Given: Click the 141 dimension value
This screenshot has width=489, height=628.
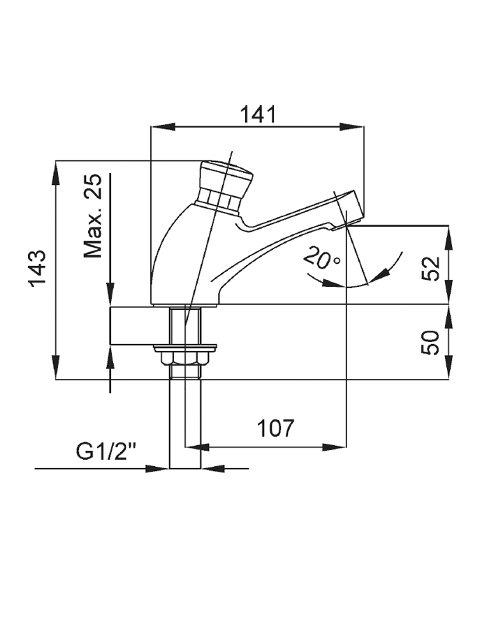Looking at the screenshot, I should click(x=258, y=114).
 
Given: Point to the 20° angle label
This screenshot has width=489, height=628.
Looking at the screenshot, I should click(x=321, y=259).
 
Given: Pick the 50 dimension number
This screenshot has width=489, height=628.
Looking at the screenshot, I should click(x=434, y=343).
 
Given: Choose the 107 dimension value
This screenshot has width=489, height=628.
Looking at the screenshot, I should click(x=275, y=428).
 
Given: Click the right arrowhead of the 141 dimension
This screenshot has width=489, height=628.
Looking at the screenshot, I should click(x=356, y=127).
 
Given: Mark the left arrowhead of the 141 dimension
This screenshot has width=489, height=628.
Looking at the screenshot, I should click(x=161, y=127).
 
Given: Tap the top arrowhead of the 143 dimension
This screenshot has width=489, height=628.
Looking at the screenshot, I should click(x=56, y=172).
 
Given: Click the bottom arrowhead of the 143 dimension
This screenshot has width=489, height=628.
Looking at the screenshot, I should click(x=56, y=371).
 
